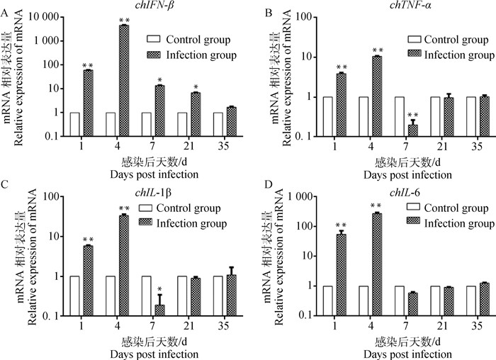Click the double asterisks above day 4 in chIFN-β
pyautogui.click(x=124, y=20)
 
